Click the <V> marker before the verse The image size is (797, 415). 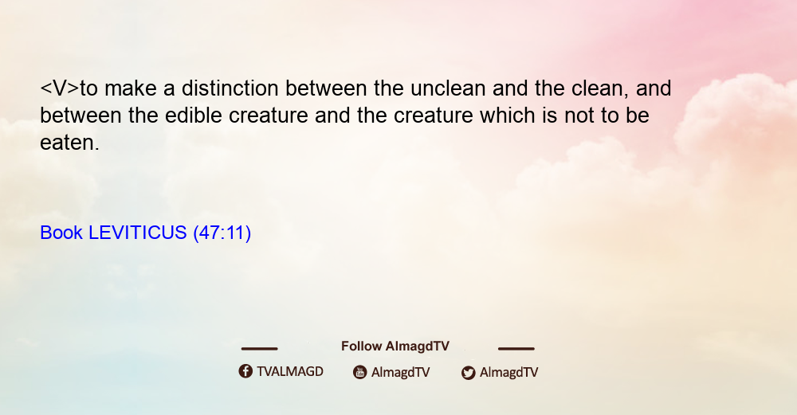point(60,88)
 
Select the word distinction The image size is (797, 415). point(230,88)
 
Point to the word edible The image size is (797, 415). point(194,115)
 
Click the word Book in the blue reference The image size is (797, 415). point(61,233)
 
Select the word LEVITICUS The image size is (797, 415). point(138,233)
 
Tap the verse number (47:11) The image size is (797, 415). point(222,233)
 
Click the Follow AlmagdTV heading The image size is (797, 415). point(395,346)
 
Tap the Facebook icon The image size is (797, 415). point(245,371)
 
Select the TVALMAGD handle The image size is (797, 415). point(290,371)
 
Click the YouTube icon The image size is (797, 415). point(360,372)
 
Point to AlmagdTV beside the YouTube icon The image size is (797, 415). point(401,372)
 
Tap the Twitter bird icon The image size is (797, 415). point(468,373)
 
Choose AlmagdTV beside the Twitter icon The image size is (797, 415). point(508,372)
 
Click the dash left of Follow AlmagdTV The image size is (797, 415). point(259,348)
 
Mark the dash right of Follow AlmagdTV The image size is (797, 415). point(516,348)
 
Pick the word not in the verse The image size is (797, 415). point(579,115)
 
